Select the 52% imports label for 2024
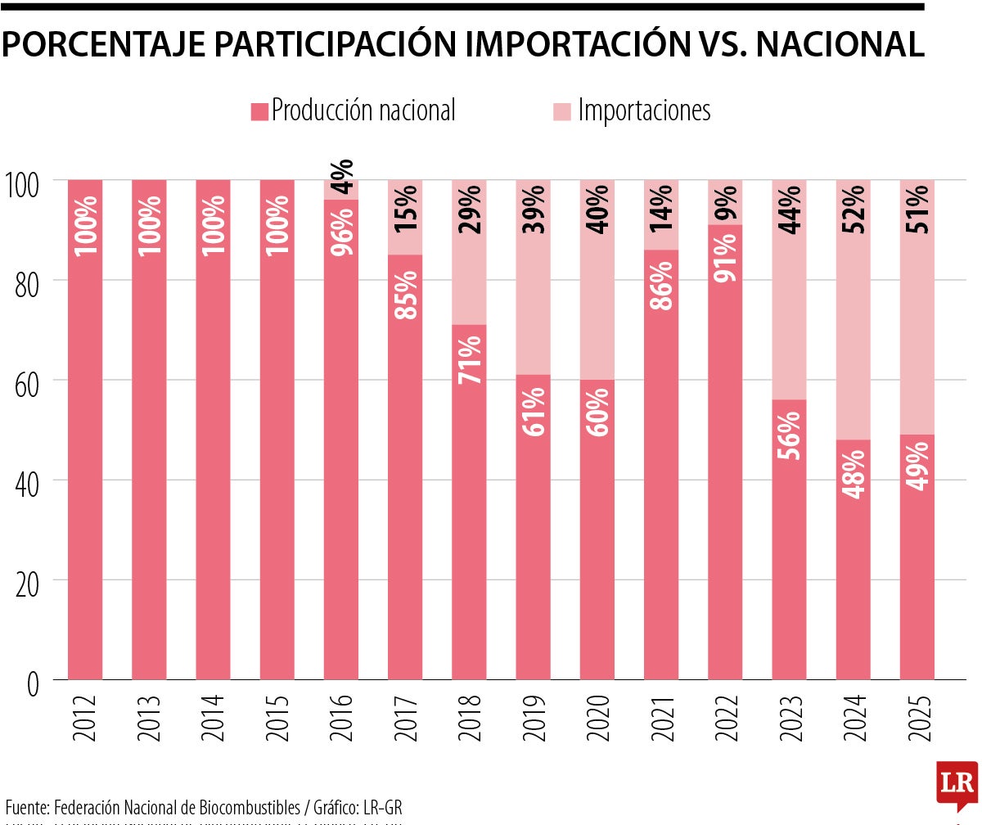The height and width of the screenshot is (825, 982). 854,210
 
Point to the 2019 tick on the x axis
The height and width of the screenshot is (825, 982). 534,719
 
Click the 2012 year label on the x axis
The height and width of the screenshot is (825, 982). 85,719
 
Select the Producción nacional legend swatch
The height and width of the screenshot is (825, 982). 259,111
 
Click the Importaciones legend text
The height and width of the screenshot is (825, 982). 644,110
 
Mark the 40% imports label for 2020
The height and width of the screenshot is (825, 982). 597,210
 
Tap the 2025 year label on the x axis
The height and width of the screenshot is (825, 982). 917,719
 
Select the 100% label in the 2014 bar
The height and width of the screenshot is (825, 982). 214,223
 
